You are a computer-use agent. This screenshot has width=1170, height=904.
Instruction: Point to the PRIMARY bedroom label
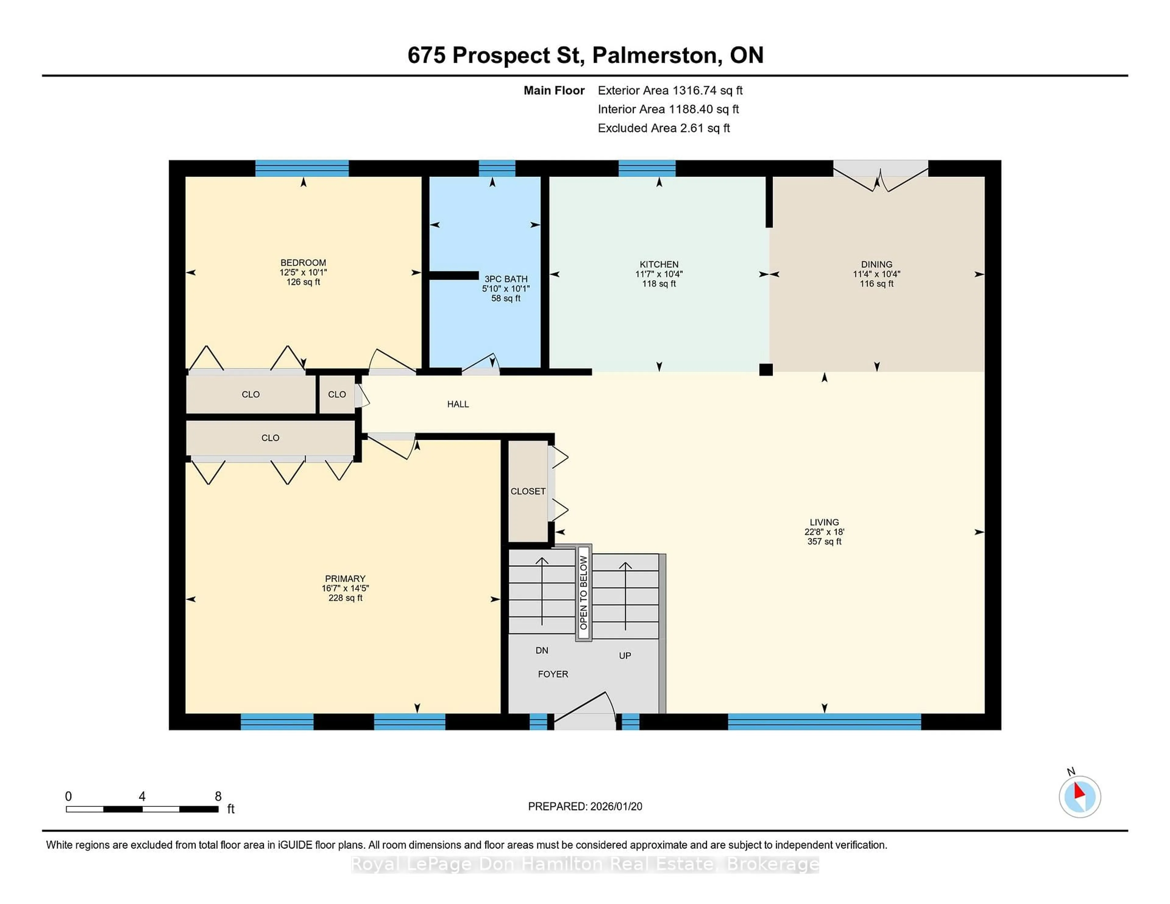pos(345,578)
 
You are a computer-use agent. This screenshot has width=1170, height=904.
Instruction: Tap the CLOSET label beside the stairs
pos(528,491)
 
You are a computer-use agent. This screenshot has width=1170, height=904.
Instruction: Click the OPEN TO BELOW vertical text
pos(584,593)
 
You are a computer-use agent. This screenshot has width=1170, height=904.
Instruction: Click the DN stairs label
pos(542,650)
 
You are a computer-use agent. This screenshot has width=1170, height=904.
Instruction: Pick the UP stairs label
pos(625,655)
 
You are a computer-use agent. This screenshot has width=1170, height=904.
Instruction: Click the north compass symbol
pos(1080,796)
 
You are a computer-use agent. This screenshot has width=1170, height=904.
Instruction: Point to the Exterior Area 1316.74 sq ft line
pos(670,90)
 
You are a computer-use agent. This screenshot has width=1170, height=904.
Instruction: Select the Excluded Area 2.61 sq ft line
pos(663,128)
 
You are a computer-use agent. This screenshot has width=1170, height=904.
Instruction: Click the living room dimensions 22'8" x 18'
pos(824,532)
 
